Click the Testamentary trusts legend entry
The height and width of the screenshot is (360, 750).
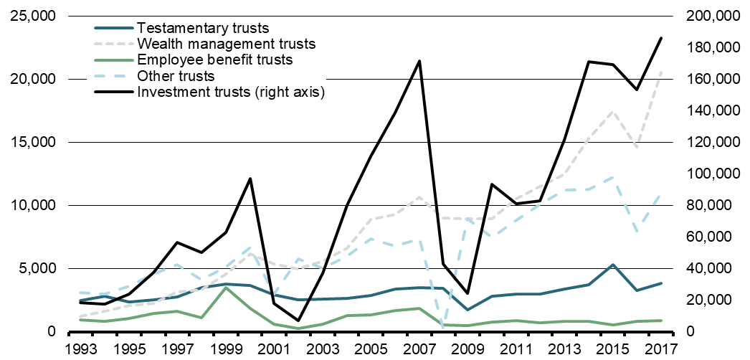pyautogui.click(x=202, y=29)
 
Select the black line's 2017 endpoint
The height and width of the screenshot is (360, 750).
pyautogui.click(x=660, y=38)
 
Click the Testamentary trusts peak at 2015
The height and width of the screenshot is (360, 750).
pyautogui.click(x=612, y=265)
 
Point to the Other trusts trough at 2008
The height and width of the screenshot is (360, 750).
pyautogui.click(x=443, y=327)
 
